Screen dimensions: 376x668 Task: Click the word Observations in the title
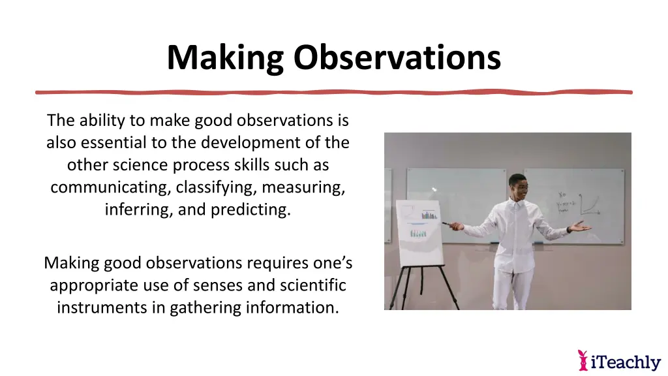click(x=397, y=57)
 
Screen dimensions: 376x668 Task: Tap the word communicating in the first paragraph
click(x=110, y=188)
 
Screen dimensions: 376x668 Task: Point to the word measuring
click(x=303, y=188)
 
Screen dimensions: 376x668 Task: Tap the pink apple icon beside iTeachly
click(x=583, y=360)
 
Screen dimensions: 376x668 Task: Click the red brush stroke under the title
click(x=333, y=92)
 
